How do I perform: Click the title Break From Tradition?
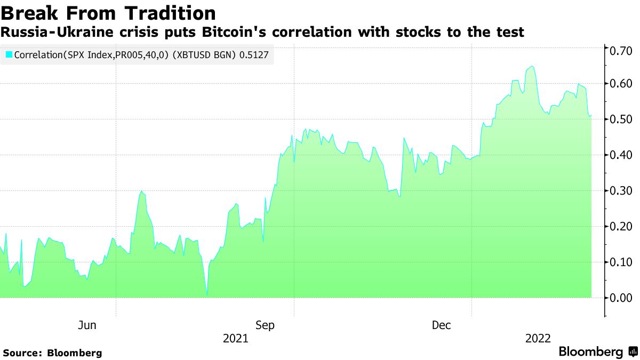click(x=108, y=13)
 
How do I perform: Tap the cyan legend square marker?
click(x=9, y=54)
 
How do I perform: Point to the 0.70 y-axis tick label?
click(x=621, y=51)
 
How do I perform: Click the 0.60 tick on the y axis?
click(x=621, y=84)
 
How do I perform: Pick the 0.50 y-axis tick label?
click(x=621, y=119)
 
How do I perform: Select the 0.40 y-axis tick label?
click(x=621, y=155)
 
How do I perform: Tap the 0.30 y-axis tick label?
click(x=621, y=191)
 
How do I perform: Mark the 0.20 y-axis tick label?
click(x=621, y=227)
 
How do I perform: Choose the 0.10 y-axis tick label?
click(x=621, y=262)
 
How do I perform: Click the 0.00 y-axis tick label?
click(x=621, y=298)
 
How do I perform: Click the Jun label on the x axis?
click(x=87, y=325)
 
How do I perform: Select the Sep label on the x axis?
click(x=265, y=325)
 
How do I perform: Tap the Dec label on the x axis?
click(x=442, y=325)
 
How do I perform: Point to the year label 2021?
click(x=235, y=339)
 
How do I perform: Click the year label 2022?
click(x=538, y=339)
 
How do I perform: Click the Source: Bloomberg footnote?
click(x=52, y=353)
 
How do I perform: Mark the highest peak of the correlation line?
click(x=532, y=66)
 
